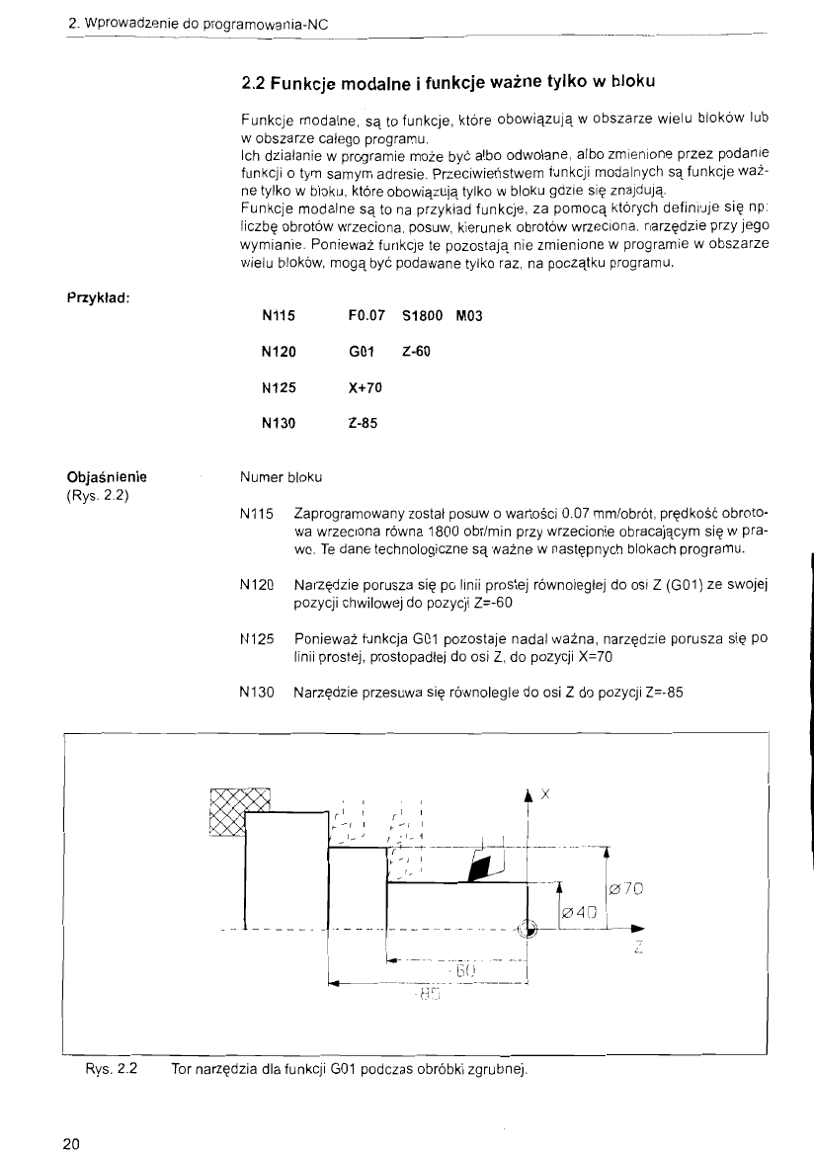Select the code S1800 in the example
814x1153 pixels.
423,316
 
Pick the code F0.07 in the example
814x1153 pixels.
367,316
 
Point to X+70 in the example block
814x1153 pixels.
366,387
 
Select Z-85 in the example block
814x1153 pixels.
363,423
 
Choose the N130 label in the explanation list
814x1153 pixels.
256,692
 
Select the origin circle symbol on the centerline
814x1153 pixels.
527,928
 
